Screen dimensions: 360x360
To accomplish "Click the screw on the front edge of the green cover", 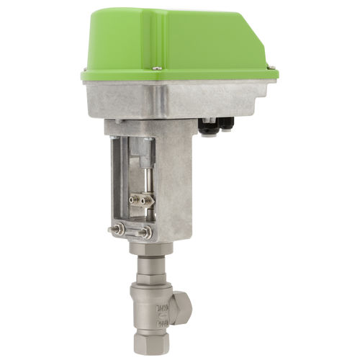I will (x=157, y=68).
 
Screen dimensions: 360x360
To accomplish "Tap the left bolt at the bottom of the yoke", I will (x=118, y=231).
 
